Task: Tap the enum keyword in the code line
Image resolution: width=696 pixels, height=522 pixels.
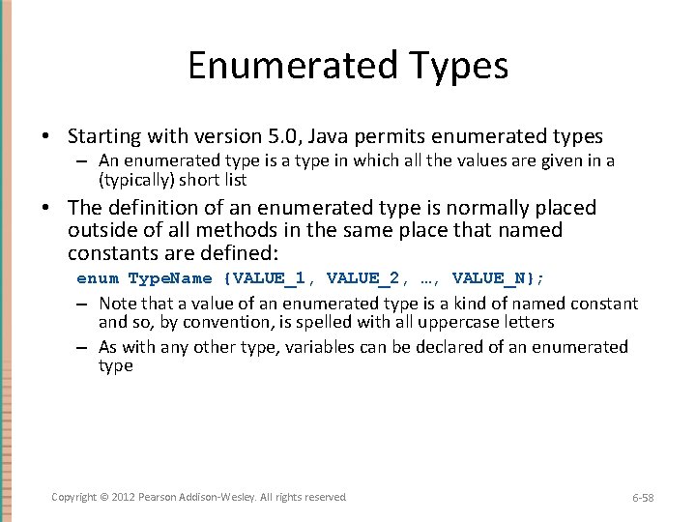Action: click(x=98, y=278)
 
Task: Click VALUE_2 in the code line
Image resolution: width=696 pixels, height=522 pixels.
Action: click(x=362, y=278)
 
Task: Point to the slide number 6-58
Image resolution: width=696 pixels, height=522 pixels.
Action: click(x=643, y=497)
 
